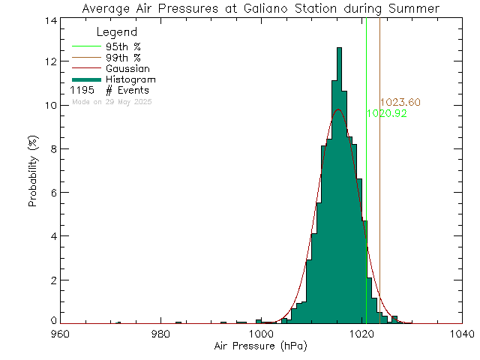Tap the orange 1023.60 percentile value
[400, 103]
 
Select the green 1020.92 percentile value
[386, 113]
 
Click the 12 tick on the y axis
[47, 61]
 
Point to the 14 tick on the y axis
[47, 20]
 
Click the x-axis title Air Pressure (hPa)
[260, 347]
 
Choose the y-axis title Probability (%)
[34, 172]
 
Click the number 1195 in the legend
[82, 91]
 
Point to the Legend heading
[118, 33]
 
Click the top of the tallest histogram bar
[339, 48]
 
